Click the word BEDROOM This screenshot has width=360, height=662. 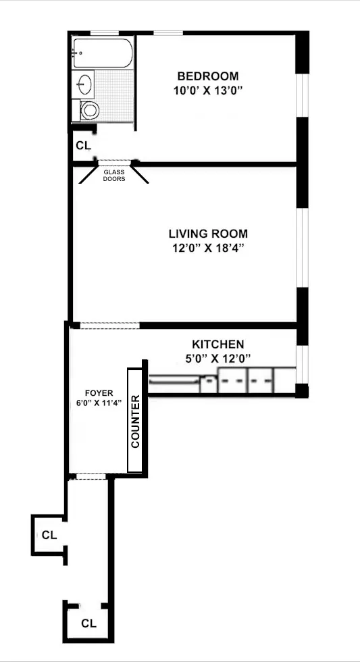click(x=207, y=76)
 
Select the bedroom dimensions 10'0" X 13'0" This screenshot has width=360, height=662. click(x=207, y=90)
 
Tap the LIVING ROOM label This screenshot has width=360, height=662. click(x=207, y=234)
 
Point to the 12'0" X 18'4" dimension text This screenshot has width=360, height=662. click(x=207, y=248)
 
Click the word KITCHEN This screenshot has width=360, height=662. click(x=218, y=344)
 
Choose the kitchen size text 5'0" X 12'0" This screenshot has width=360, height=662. click(x=218, y=358)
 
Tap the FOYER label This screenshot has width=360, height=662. click(x=99, y=392)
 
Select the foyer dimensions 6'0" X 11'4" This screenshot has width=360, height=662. click(x=99, y=404)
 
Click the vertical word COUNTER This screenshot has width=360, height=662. click(x=135, y=422)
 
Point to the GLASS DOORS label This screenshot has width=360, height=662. click(x=113, y=176)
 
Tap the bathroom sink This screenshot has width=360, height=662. click(x=84, y=84)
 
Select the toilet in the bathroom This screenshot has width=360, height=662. click(x=88, y=109)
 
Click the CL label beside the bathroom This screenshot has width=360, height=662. click(x=82, y=145)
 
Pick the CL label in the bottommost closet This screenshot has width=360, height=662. click(x=88, y=622)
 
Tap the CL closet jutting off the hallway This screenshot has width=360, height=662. click(x=49, y=535)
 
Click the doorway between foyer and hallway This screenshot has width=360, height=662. click(x=90, y=476)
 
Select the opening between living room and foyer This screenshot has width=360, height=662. click(x=109, y=326)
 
